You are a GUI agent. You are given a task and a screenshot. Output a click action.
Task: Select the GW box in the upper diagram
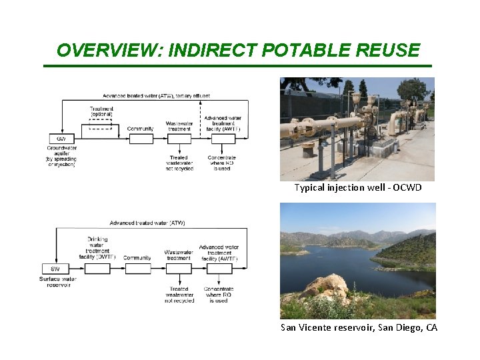[x=61, y=139]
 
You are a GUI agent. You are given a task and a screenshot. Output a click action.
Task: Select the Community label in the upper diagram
[x=140, y=129]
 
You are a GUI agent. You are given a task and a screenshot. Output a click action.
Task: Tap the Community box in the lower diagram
[x=137, y=269]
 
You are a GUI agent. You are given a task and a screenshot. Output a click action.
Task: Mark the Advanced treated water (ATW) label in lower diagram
[x=147, y=223]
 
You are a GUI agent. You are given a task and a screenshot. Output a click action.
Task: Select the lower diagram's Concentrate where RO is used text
[x=217, y=294]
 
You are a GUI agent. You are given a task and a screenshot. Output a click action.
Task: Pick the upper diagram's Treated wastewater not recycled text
[x=179, y=163]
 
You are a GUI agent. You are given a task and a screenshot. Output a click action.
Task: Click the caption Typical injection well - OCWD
[x=358, y=188]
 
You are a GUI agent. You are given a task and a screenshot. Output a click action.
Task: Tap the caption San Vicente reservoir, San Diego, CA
[x=359, y=328]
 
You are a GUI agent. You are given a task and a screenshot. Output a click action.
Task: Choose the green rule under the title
[x=237, y=66]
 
